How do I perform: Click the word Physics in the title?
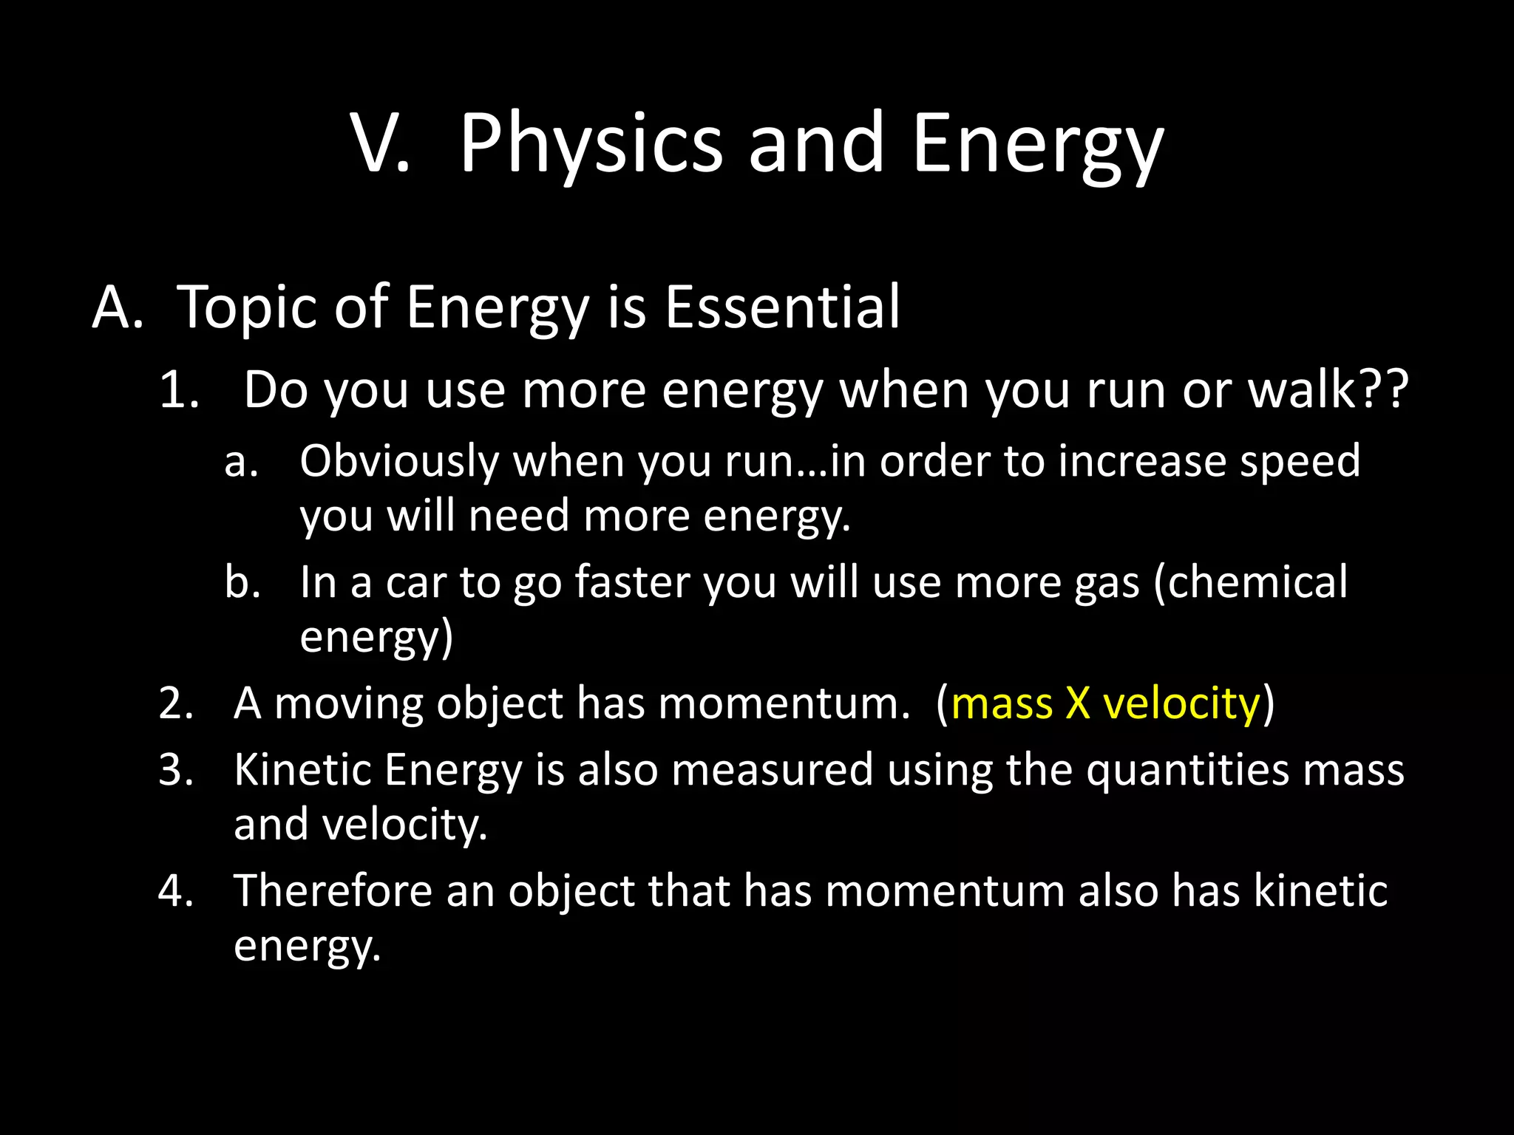pos(590,144)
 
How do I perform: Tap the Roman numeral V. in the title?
pos(380,144)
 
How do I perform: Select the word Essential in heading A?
pos(782,307)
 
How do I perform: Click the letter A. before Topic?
pos(118,307)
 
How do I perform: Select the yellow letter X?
pos(1077,703)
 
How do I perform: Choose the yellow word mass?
pos(1001,703)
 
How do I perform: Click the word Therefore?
pos(332,890)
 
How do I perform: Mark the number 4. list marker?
pos(177,890)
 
